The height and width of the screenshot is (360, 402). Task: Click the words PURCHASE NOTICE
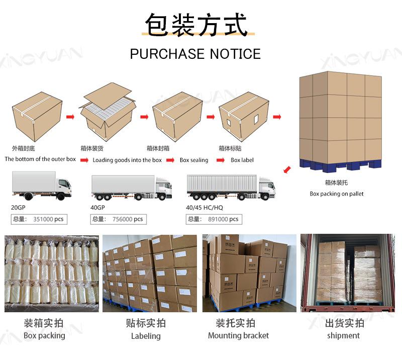click(195, 54)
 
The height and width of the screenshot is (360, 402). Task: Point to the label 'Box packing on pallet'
click(336, 194)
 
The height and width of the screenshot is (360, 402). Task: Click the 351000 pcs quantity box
click(39, 219)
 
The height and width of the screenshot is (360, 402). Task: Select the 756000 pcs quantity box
click(118, 219)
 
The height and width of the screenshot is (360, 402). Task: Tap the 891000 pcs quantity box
click(214, 219)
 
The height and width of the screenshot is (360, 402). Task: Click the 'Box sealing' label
click(194, 160)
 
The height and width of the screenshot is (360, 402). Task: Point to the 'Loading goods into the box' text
click(127, 160)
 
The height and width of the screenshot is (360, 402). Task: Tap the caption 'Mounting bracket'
click(238, 335)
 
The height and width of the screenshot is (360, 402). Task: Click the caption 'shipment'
click(343, 335)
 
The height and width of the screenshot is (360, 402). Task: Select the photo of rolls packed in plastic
click(51, 273)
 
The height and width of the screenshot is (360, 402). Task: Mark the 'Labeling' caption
click(146, 335)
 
